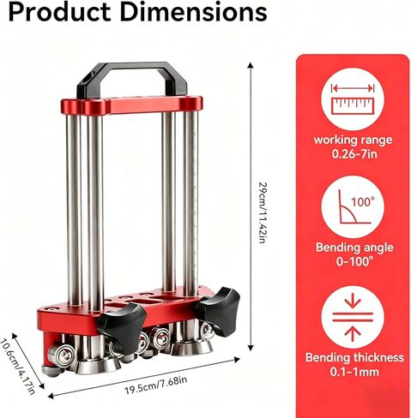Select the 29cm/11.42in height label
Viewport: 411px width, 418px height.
click(262, 212)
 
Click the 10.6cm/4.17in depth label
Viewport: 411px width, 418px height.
click(16, 367)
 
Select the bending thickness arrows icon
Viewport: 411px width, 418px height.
click(353, 317)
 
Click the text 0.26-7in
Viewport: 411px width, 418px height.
click(354, 154)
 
